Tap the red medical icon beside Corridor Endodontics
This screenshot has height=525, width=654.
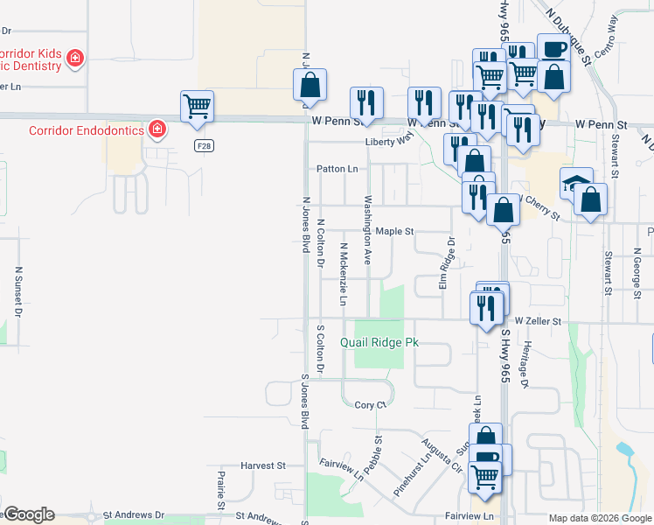click(157, 130)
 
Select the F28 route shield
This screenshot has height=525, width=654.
click(204, 146)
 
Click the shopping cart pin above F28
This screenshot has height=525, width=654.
click(198, 107)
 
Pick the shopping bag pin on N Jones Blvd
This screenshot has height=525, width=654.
click(310, 85)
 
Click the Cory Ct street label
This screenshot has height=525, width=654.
click(371, 405)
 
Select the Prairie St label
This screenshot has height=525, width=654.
click(221, 491)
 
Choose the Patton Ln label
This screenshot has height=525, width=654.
click(337, 169)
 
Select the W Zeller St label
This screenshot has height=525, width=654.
click(537, 322)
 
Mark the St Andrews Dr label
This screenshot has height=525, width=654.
click(134, 515)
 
